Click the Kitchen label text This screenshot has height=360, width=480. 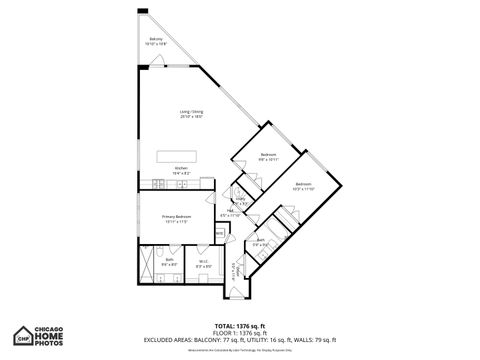(181, 170)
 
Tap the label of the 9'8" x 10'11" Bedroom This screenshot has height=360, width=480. (268, 156)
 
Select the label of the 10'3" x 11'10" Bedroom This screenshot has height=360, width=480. (303, 186)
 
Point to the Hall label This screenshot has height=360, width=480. (230, 213)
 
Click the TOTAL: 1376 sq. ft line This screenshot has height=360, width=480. (240, 326)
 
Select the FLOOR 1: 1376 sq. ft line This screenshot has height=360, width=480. (240, 332)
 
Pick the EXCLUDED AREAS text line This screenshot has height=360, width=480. (240, 339)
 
